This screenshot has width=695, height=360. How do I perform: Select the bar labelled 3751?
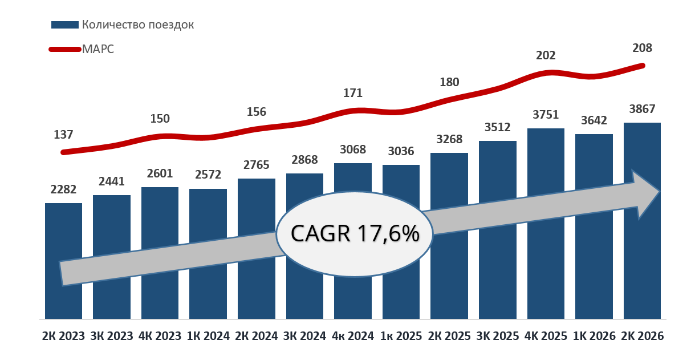click(x=546, y=224)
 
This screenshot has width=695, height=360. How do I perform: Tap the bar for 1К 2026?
click(x=594, y=226)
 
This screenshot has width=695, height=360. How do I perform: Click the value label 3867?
click(x=642, y=109)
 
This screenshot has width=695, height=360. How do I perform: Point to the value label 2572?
click(x=208, y=175)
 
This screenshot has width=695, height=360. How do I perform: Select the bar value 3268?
click(x=449, y=139)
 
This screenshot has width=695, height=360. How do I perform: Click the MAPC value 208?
click(x=642, y=48)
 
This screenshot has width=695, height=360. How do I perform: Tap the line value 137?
click(x=63, y=135)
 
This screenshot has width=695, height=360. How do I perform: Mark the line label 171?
click(x=353, y=93)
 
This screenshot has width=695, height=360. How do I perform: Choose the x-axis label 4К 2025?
click(x=546, y=336)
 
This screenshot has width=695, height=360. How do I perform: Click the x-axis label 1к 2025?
click(x=401, y=336)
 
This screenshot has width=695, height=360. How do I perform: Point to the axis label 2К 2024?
click(x=257, y=336)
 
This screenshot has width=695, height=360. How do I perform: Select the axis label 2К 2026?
click(x=642, y=336)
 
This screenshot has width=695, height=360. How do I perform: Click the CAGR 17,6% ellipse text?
click(x=355, y=233)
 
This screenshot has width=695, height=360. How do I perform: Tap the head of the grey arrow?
click(x=659, y=192)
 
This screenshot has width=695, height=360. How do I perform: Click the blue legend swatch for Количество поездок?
click(x=65, y=25)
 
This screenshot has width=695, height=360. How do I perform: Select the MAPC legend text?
click(x=98, y=49)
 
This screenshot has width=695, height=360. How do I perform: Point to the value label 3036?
click(x=401, y=151)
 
